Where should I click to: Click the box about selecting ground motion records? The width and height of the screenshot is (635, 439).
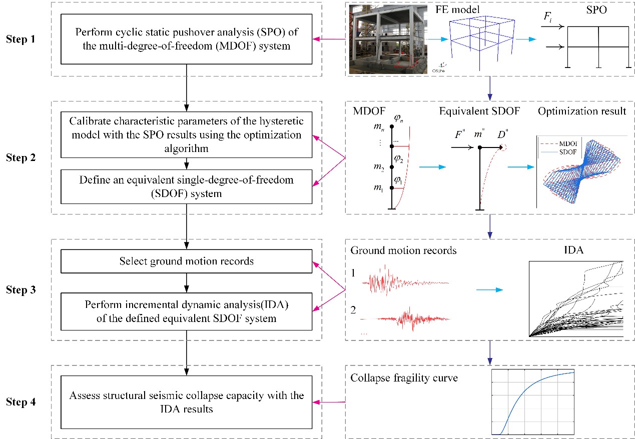click(186, 261)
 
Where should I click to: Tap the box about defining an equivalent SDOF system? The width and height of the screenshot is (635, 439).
click(186, 186)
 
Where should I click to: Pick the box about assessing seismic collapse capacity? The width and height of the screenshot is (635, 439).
click(186, 402)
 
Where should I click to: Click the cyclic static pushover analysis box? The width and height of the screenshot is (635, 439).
click(186, 39)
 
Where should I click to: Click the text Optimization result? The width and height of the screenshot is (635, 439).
click(582, 111)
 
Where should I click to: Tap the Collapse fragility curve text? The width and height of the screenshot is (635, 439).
click(404, 378)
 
